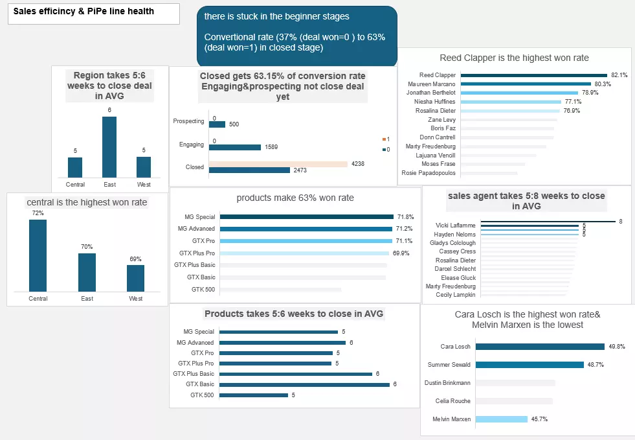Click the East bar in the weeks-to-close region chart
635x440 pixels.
point(109,147)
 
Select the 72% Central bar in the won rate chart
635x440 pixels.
point(38,255)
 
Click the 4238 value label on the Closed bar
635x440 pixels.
point(357,164)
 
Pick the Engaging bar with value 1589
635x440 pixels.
point(235,147)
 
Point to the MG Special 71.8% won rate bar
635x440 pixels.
point(306,217)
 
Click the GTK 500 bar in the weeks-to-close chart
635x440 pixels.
point(253,395)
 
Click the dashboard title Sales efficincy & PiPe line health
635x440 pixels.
point(84,12)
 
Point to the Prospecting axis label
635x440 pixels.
point(188,121)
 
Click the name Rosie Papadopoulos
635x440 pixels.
point(429,173)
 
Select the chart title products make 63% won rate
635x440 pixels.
point(295,198)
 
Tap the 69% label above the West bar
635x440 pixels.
point(135,259)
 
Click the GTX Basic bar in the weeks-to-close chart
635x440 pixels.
point(304,384)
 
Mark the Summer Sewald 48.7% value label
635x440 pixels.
point(596,365)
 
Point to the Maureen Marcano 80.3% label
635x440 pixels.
point(603,84)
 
